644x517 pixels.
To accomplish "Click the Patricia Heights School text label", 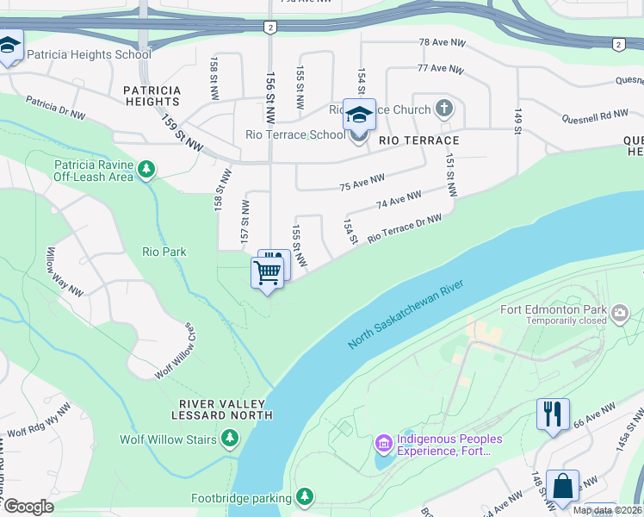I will [x=89, y=54].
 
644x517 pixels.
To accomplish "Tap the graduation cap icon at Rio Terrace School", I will [x=359, y=114].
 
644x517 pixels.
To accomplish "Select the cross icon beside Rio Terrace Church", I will [x=443, y=108].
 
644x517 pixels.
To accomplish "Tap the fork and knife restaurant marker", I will [x=552, y=413].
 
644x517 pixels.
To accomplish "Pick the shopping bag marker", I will [x=562, y=485].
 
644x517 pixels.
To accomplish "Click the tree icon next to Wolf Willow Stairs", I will [x=230, y=439].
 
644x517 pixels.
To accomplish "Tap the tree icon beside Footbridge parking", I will [x=304, y=497].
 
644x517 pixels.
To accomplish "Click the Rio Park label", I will [x=164, y=252].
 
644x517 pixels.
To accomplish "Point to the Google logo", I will [x=28, y=507].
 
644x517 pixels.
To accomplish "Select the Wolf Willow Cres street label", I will [x=175, y=352].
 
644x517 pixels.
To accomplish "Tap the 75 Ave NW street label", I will [x=361, y=182].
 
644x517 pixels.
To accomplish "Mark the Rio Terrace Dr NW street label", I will [x=405, y=227].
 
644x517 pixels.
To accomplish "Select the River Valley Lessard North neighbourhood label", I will [x=226, y=409].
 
